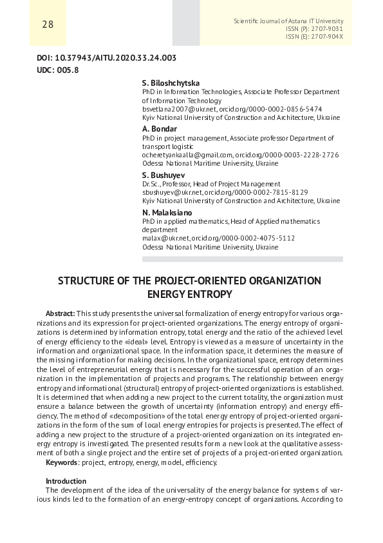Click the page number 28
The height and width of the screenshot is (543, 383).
click(x=48, y=25)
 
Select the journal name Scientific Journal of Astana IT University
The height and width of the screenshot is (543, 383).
click(x=293, y=21)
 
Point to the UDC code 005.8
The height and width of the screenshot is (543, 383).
click(x=68, y=70)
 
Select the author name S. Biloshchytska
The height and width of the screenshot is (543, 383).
click(x=171, y=83)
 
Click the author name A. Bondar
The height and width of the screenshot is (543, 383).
click(x=159, y=129)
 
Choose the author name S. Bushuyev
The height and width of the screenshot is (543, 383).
click(x=163, y=175)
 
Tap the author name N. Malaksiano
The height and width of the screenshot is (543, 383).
click(x=167, y=212)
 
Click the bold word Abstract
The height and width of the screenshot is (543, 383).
click(x=61, y=312)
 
